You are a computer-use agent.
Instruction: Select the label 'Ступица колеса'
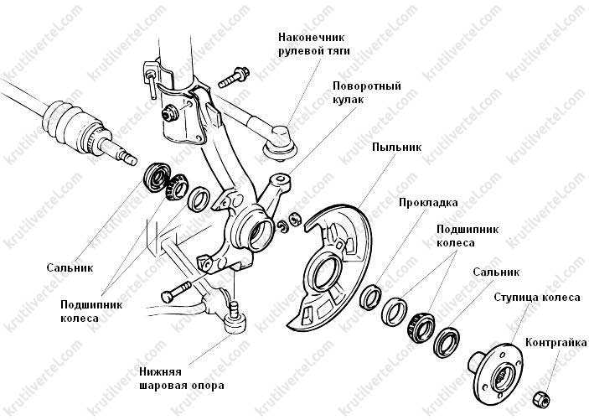tap(537, 298)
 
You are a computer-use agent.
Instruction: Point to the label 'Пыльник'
tap(396, 147)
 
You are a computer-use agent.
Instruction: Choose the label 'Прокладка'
tap(428, 203)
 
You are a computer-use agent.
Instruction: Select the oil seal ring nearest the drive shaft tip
tap(156, 177)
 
